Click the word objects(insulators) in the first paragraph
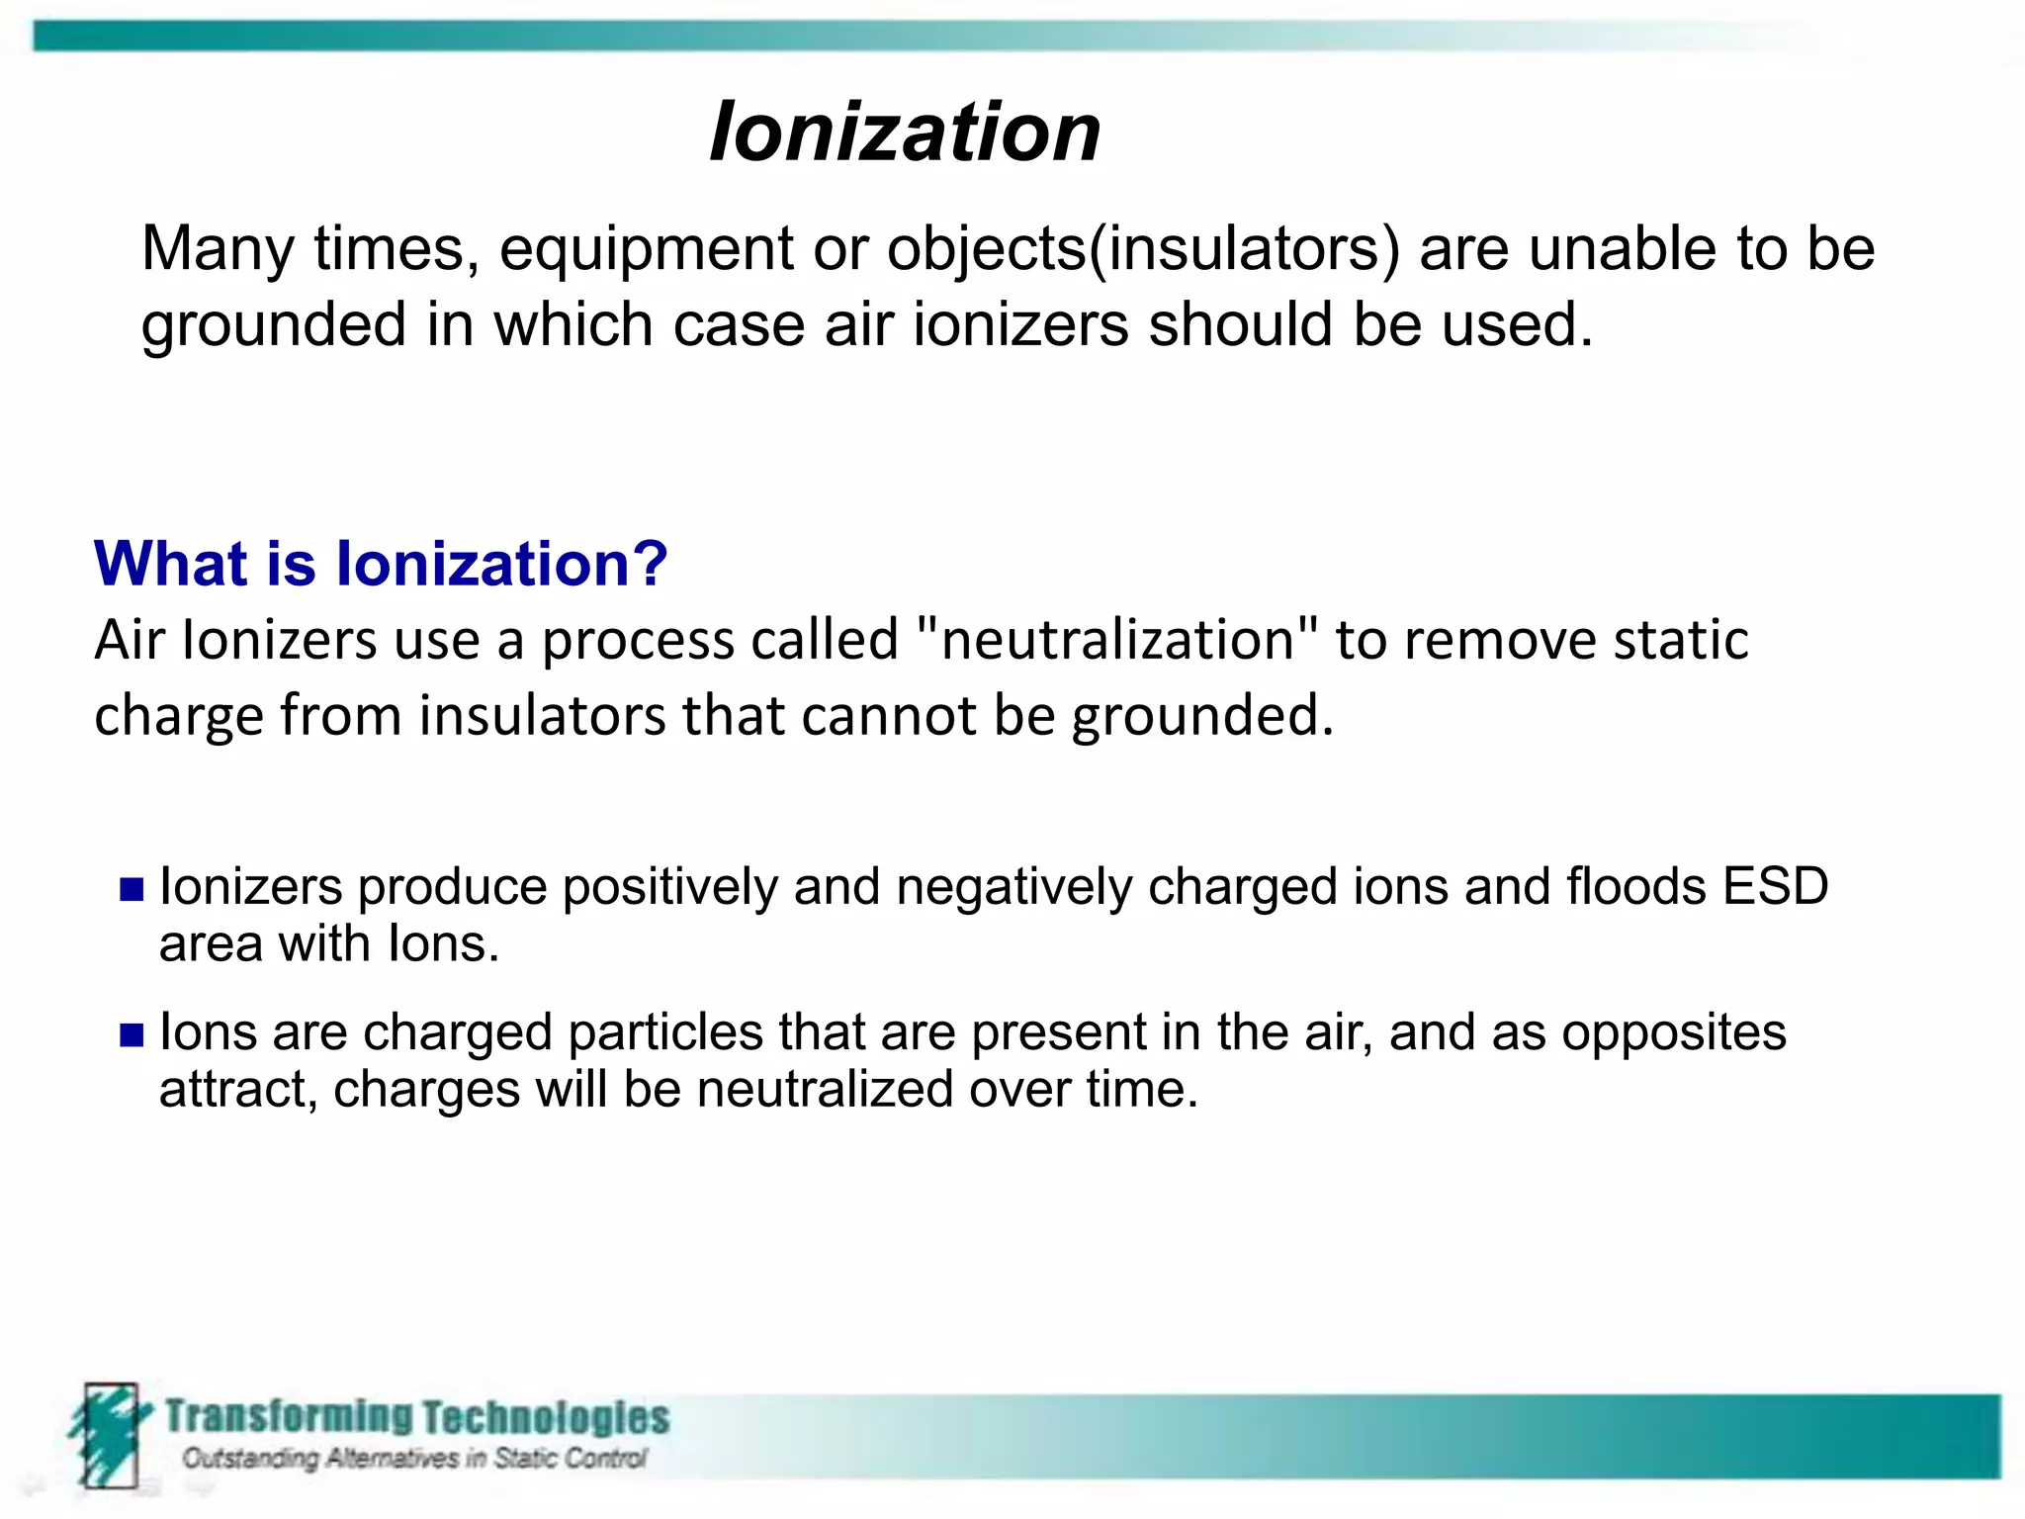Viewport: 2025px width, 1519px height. point(1143,248)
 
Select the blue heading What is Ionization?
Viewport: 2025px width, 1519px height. point(381,564)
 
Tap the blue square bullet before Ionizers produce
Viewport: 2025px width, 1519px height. point(132,889)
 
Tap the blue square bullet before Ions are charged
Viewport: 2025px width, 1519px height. point(132,1034)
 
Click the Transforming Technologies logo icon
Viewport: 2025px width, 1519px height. point(107,1434)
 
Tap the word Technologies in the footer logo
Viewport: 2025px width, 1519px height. point(546,1417)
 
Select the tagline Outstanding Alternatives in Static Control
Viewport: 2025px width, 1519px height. point(413,1459)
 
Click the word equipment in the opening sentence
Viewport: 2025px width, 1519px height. point(646,248)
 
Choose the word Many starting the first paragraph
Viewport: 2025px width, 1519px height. point(218,248)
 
